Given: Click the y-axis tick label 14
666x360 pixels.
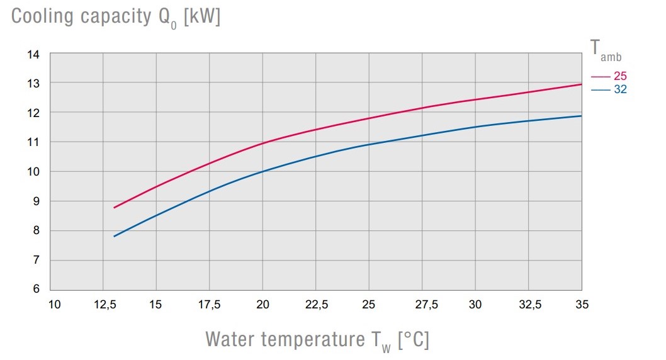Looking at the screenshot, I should (x=33, y=55).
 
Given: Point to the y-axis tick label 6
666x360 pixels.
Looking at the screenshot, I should (x=36, y=290).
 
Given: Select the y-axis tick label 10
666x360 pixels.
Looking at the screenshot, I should (x=33, y=172).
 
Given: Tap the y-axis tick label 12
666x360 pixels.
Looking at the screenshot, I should (x=33, y=113).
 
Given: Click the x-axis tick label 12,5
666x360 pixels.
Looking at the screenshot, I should (x=104, y=305).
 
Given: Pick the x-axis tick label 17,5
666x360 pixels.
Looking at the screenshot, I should (x=210, y=305).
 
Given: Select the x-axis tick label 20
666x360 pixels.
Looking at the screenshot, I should (x=263, y=305).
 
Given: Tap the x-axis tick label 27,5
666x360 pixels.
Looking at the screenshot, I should (x=422, y=305).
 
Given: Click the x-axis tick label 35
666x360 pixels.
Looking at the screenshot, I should (x=582, y=305).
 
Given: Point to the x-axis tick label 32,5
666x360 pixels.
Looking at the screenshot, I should (x=529, y=305).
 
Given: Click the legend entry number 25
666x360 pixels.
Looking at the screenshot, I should (x=620, y=76).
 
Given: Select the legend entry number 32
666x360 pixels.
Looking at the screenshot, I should (x=620, y=89).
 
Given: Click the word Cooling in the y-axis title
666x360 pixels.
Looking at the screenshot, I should (x=42, y=17).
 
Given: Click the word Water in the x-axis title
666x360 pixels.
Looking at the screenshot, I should (x=230, y=340).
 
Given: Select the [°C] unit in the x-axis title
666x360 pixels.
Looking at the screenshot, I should (x=413, y=340).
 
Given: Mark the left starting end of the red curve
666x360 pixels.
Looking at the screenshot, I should (x=114, y=208).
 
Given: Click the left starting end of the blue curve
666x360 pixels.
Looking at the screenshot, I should (x=114, y=237).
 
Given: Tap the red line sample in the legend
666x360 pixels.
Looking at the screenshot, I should (x=601, y=77).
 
